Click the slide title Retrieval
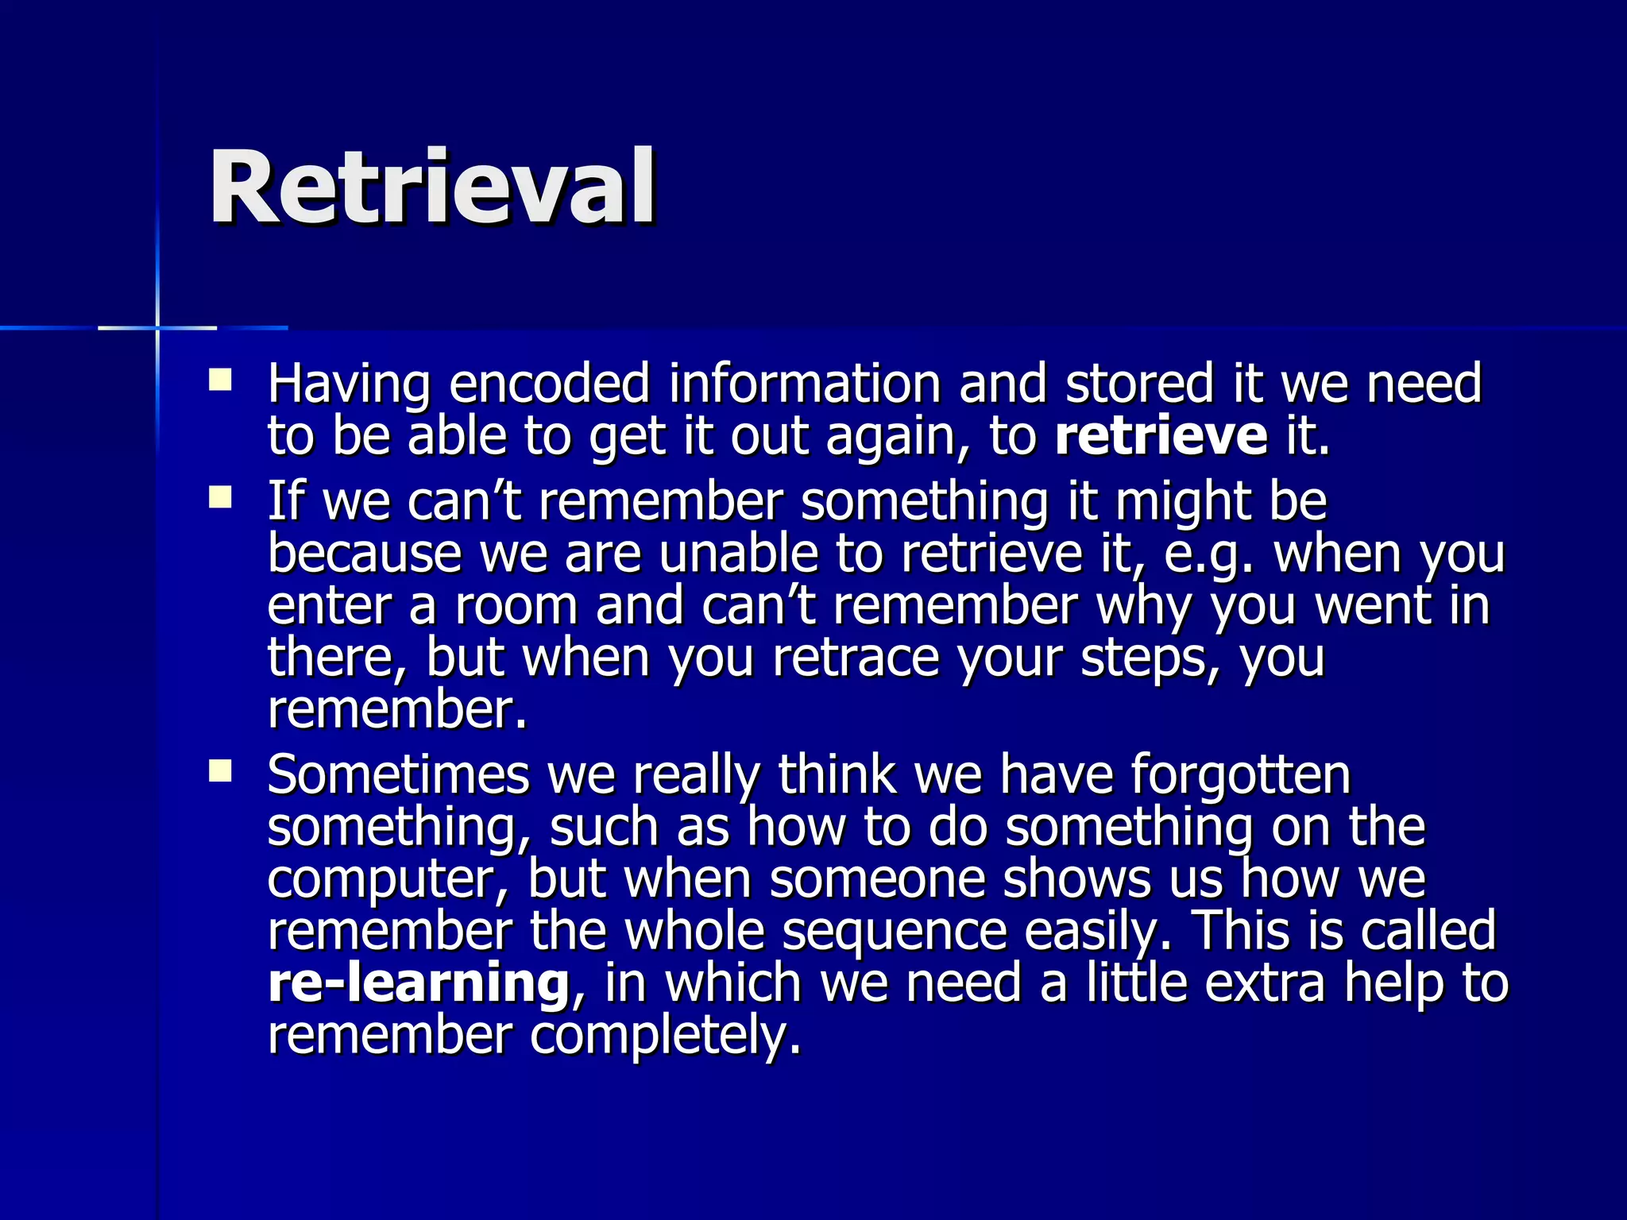(433, 188)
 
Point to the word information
(804, 384)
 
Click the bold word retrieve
(1161, 436)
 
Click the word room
(516, 605)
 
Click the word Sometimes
(398, 774)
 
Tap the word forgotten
(1240, 774)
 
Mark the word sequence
(895, 931)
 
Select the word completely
(666, 1037)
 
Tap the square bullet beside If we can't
(220, 498)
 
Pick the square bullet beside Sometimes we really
(220, 771)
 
